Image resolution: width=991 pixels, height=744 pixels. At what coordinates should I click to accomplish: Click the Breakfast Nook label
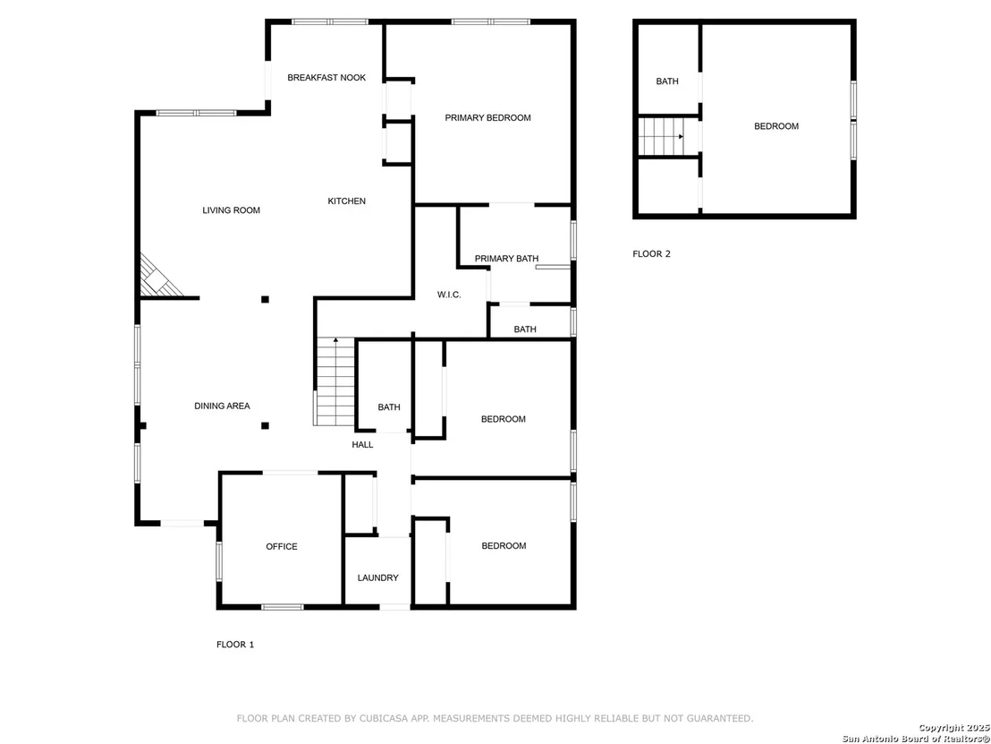(x=326, y=78)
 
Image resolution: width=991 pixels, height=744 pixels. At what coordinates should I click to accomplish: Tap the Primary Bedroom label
(x=487, y=117)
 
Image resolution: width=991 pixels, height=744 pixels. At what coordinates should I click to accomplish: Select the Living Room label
(x=231, y=210)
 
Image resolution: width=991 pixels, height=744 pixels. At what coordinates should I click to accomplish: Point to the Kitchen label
(x=346, y=201)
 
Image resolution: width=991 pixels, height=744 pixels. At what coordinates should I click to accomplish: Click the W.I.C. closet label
(x=449, y=295)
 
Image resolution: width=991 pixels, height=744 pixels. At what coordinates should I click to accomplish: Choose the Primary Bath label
(x=506, y=258)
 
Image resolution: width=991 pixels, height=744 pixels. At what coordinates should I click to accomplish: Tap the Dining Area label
(x=222, y=406)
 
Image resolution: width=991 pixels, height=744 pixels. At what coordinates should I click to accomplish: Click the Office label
(x=281, y=547)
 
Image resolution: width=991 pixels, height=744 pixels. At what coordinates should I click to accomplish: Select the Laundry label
(x=377, y=577)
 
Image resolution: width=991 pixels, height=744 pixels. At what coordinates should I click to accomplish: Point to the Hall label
(x=362, y=445)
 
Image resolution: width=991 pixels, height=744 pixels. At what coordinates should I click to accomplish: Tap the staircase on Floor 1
(x=335, y=381)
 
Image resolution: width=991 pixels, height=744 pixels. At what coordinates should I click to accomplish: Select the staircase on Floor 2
(x=661, y=136)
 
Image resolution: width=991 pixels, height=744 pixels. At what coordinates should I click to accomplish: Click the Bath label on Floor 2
(x=666, y=81)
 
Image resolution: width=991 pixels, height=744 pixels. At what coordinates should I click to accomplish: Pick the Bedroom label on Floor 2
(x=775, y=126)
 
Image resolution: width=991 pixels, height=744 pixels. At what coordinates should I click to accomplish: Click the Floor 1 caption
(x=235, y=645)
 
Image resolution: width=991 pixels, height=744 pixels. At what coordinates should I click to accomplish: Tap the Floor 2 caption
(x=652, y=254)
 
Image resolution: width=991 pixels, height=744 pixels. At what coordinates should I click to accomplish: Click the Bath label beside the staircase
(x=389, y=407)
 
